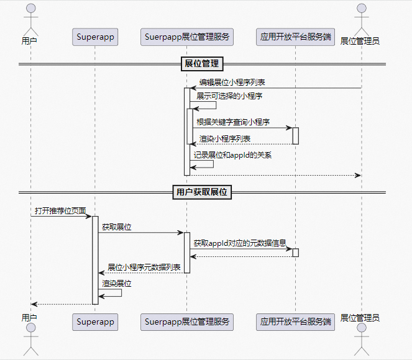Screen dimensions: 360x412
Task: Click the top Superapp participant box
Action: (x=95, y=37)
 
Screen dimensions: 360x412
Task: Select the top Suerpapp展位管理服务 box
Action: (x=187, y=37)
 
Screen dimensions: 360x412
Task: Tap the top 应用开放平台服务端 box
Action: (x=295, y=37)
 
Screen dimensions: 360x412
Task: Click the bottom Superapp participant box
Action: (x=95, y=322)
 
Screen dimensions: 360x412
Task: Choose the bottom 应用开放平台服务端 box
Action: (x=295, y=322)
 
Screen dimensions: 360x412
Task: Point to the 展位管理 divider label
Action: (x=202, y=63)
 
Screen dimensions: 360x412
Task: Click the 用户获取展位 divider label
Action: (x=202, y=192)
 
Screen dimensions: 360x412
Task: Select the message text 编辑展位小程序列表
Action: (x=233, y=82)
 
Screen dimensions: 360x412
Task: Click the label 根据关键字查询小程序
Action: (x=233, y=122)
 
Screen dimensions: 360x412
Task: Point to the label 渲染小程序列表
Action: (x=225, y=138)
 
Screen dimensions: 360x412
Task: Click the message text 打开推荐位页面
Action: (x=60, y=211)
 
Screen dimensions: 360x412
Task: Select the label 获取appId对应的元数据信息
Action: (x=239, y=243)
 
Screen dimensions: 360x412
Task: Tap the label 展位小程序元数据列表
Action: (x=144, y=267)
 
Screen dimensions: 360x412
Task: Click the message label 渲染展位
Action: (x=117, y=283)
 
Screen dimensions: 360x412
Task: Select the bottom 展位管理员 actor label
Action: (x=360, y=318)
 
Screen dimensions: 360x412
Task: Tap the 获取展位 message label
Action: (x=117, y=227)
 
